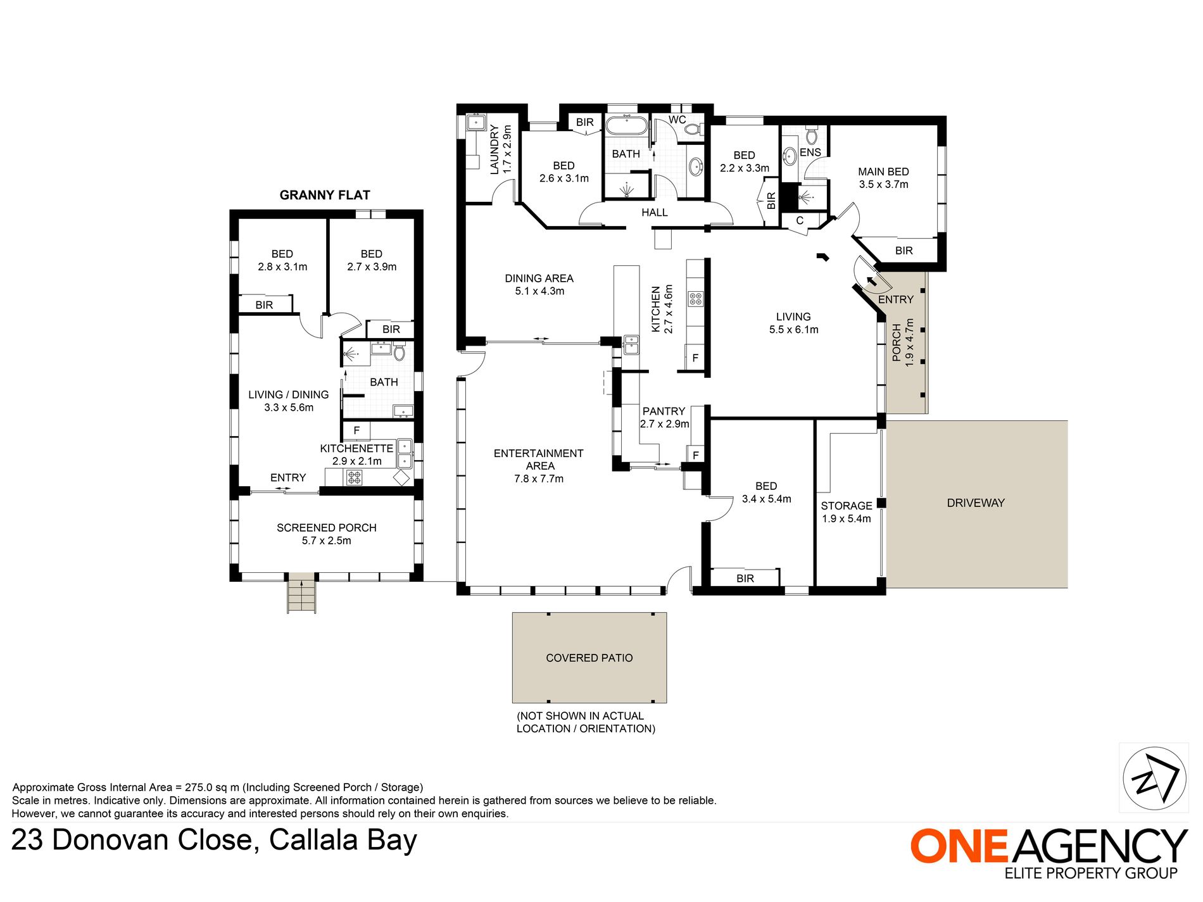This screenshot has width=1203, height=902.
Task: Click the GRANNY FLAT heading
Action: point(325,195)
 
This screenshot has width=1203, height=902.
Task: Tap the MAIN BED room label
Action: point(883,172)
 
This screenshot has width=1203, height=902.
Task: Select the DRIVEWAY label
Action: point(976,503)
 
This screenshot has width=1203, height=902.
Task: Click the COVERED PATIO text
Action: point(589,658)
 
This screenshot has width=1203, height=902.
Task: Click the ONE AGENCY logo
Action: point(1049,853)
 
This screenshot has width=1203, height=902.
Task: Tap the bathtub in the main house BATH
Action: point(626,124)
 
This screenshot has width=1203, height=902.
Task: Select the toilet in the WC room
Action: point(692,129)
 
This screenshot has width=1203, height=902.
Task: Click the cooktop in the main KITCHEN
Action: point(696,299)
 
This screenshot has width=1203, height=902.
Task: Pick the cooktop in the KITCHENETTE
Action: point(354,477)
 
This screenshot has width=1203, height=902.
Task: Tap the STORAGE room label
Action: point(847,506)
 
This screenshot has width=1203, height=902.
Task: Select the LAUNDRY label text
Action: point(495,149)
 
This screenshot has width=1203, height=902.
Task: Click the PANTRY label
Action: point(664,411)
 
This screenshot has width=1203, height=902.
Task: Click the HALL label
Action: point(655,213)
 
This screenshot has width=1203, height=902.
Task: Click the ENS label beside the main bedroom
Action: point(810,153)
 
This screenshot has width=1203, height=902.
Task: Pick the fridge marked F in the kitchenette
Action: point(356,430)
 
